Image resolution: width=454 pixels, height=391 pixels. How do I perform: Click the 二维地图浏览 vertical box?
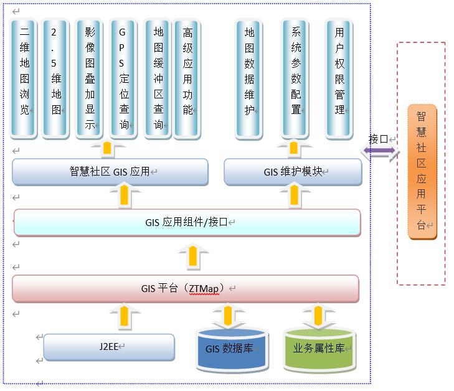pyautogui.click(x=25, y=77)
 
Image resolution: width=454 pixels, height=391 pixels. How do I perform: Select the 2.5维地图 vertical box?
pyautogui.click(x=56, y=77)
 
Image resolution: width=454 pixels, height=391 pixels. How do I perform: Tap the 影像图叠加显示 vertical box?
pyautogui.click(x=89, y=77)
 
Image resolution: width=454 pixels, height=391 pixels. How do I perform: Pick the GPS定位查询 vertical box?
pyautogui.click(x=123, y=77)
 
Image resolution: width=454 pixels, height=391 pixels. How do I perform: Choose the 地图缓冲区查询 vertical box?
pyautogui.click(x=158, y=77)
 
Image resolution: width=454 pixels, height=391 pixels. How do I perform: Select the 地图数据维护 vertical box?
pyautogui.click(x=249, y=77)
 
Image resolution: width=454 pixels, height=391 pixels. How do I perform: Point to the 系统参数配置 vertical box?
pyautogui.click(x=296, y=77)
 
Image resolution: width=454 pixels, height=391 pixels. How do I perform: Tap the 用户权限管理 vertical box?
pyautogui.click(x=339, y=77)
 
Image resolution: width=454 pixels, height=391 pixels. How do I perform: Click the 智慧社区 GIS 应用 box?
pyautogui.click(x=110, y=171)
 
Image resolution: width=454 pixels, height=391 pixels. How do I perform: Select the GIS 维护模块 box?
pyautogui.click(x=293, y=171)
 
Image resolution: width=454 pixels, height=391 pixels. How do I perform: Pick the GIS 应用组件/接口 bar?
pyautogui.click(x=187, y=222)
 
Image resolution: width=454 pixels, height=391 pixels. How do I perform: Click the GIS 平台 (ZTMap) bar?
pyautogui.click(x=186, y=288)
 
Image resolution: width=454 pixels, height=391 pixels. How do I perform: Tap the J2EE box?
pyautogui.click(x=109, y=347)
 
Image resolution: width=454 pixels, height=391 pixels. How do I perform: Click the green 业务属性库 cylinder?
pyautogui.click(x=319, y=349)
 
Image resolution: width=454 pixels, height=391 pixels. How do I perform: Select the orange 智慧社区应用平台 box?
pyautogui.click(x=422, y=171)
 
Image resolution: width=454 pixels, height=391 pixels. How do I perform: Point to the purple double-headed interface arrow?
pyautogui.click(x=379, y=151)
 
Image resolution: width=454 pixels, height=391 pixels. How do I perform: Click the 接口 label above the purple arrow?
pyautogui.click(x=378, y=139)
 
